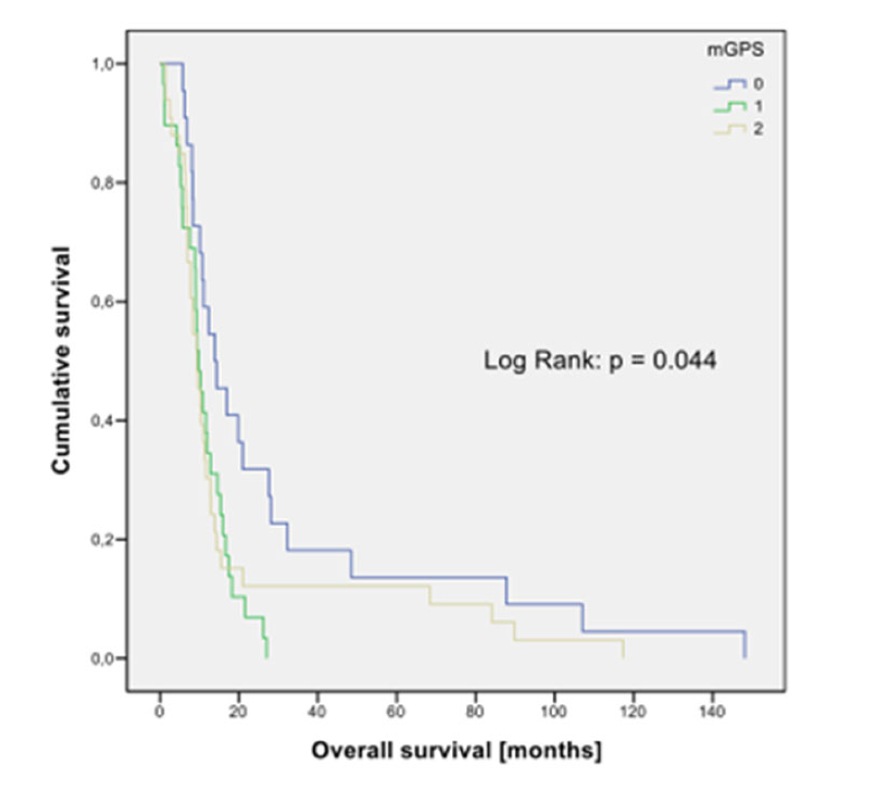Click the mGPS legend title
coord(735,50)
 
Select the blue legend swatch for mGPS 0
coord(730,85)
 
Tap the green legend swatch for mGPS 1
coord(730,107)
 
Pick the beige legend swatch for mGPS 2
coord(730,129)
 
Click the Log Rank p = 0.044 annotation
coord(600,360)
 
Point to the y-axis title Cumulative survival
coord(61,360)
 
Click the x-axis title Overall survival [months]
coord(456,750)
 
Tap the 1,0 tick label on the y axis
coord(102,64)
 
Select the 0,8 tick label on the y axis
coord(102,183)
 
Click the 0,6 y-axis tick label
coord(102,302)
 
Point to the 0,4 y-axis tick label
coord(102,421)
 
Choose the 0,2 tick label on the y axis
coord(102,540)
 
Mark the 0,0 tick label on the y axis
coord(102,658)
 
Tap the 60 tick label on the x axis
coord(396,712)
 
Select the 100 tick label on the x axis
coord(553,712)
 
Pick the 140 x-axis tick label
coord(711,712)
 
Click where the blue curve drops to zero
coord(745,657)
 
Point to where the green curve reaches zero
coord(267,657)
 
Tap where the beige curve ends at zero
coord(624,657)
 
